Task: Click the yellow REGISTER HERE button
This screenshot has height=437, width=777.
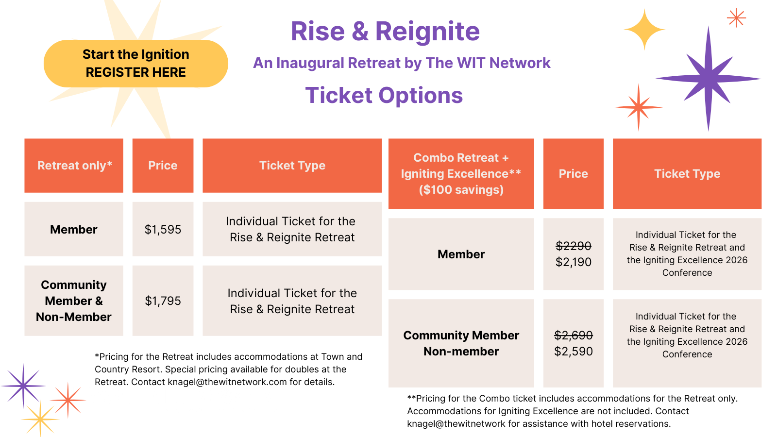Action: pyautogui.click(x=135, y=64)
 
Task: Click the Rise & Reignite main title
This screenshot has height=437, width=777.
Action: pyautogui.click(x=385, y=31)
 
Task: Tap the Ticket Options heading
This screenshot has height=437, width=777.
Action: pyautogui.click(x=384, y=95)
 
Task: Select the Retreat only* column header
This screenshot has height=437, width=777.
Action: pyautogui.click(x=74, y=166)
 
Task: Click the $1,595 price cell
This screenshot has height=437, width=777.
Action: pyautogui.click(x=163, y=229)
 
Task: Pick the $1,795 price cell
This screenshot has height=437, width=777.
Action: pyautogui.click(x=163, y=301)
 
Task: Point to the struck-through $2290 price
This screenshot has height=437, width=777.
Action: pyautogui.click(x=574, y=246)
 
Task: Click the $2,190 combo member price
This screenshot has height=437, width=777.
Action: pyautogui.click(x=574, y=262)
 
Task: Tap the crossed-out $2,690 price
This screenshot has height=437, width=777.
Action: pyautogui.click(x=574, y=335)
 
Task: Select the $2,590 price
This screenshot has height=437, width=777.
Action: pyautogui.click(x=574, y=352)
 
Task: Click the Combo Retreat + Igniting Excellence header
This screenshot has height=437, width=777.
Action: pyautogui.click(x=461, y=174)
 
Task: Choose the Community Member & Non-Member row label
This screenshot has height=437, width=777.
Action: pyautogui.click(x=74, y=301)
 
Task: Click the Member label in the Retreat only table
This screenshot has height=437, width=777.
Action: pyautogui.click(x=74, y=229)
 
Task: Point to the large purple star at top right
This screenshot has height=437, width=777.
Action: pyautogui.click(x=709, y=79)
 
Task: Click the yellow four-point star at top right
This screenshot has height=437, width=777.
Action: pyautogui.click(x=644, y=30)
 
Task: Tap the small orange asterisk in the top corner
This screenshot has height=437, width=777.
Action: pyautogui.click(x=736, y=18)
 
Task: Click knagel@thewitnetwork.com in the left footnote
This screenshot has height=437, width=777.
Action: pyautogui.click(x=227, y=382)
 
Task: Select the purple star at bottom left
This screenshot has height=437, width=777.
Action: pyautogui.click(x=23, y=386)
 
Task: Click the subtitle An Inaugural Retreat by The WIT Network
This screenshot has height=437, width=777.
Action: pyautogui.click(x=402, y=63)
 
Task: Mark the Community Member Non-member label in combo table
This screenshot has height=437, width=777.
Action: pyautogui.click(x=461, y=343)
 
